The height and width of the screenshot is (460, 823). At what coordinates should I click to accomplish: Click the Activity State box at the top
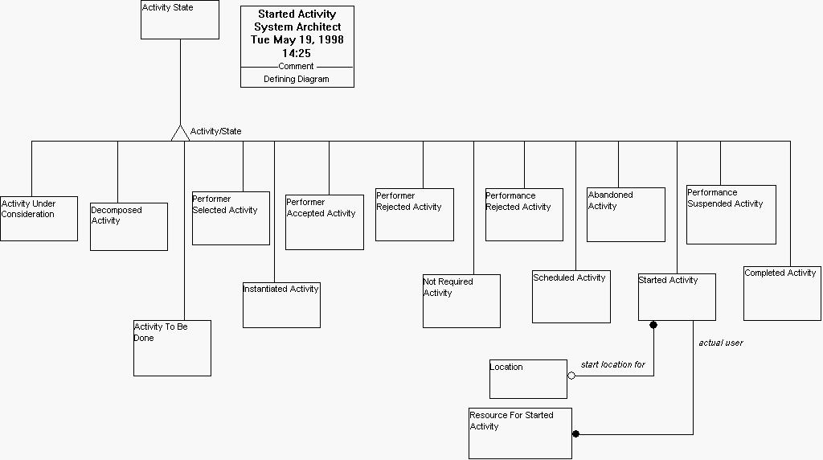pos(180,20)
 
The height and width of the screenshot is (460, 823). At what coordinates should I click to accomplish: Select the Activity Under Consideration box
pos(39,218)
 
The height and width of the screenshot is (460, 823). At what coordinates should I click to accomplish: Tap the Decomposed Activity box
pos(129,227)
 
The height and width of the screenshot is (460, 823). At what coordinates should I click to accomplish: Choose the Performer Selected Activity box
pos(231,218)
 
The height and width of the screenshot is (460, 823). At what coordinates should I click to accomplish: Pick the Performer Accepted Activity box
pos(325,222)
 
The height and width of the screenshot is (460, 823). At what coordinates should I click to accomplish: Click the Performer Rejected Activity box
pos(415,215)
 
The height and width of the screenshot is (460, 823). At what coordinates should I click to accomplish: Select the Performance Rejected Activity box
pos(524,215)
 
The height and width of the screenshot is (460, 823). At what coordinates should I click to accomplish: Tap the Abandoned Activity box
pos(626,215)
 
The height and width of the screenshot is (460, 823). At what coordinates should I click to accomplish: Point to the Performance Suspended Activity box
pos(731,215)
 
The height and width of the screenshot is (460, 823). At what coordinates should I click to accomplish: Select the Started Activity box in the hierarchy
pos(677,297)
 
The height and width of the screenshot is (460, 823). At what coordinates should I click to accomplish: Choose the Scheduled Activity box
pos(571,297)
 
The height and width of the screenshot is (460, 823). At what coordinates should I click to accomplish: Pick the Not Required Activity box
pos(461,301)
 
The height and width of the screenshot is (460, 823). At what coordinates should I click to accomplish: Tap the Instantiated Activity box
pos(281,305)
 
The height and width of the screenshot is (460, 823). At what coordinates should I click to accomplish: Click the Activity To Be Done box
pos(172,348)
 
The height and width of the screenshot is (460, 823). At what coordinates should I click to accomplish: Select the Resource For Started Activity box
pos(520,433)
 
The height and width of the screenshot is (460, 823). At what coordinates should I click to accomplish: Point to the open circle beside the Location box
pos(571,376)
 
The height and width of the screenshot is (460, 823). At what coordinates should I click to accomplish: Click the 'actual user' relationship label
pos(721,343)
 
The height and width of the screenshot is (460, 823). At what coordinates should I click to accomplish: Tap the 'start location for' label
pos(613,365)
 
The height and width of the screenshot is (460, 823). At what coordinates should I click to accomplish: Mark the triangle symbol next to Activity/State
pos(180,133)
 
